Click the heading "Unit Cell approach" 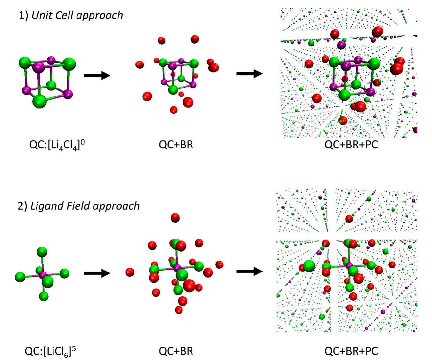[x=77, y=15]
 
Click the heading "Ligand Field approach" [x=85, y=206]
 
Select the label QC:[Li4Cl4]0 [x=57, y=145]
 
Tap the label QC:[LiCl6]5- [x=52, y=351]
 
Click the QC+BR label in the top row [x=176, y=144]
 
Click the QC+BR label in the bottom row [x=176, y=351]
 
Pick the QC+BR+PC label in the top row [x=351, y=144]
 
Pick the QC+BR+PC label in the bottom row [x=351, y=351]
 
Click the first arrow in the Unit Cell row [x=97, y=75]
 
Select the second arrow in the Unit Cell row [x=249, y=74]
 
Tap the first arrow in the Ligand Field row [x=97, y=273]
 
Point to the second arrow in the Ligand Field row [x=249, y=271]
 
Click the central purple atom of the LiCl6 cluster [x=43, y=275]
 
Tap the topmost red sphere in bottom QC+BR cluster [x=175, y=218]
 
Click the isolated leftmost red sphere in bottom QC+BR [x=130, y=272]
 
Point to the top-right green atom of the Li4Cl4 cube [x=69, y=64]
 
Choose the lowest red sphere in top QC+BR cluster [x=174, y=110]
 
